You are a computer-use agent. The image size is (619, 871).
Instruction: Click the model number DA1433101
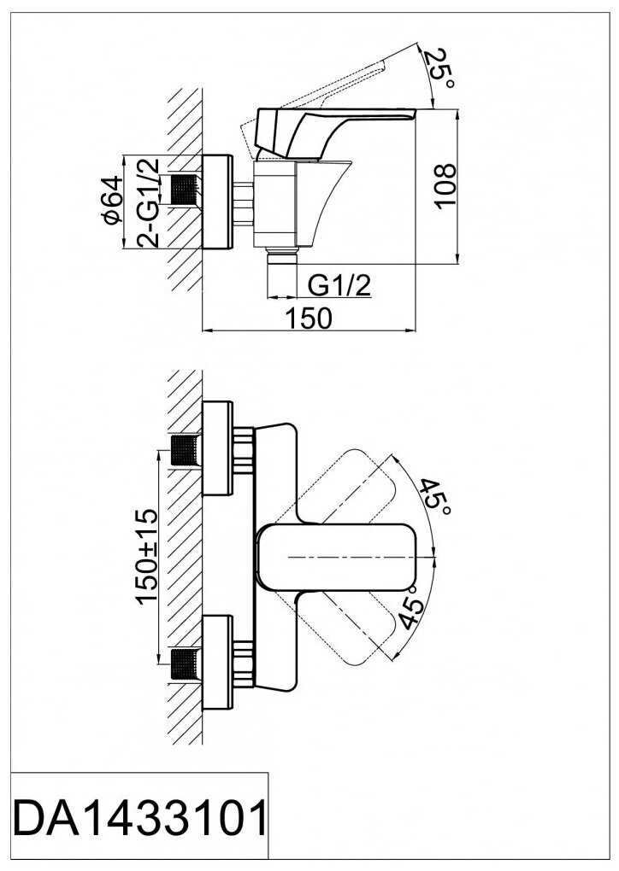(139, 820)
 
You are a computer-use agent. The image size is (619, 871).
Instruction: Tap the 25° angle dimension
(439, 69)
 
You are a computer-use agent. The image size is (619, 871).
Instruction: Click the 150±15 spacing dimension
(147, 555)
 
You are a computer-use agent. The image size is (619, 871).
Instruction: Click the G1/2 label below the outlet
(339, 286)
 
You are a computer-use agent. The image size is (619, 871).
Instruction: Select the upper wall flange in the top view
(216, 447)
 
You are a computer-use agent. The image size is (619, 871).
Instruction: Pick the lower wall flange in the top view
(216, 662)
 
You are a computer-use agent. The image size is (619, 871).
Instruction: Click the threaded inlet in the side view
(186, 190)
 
